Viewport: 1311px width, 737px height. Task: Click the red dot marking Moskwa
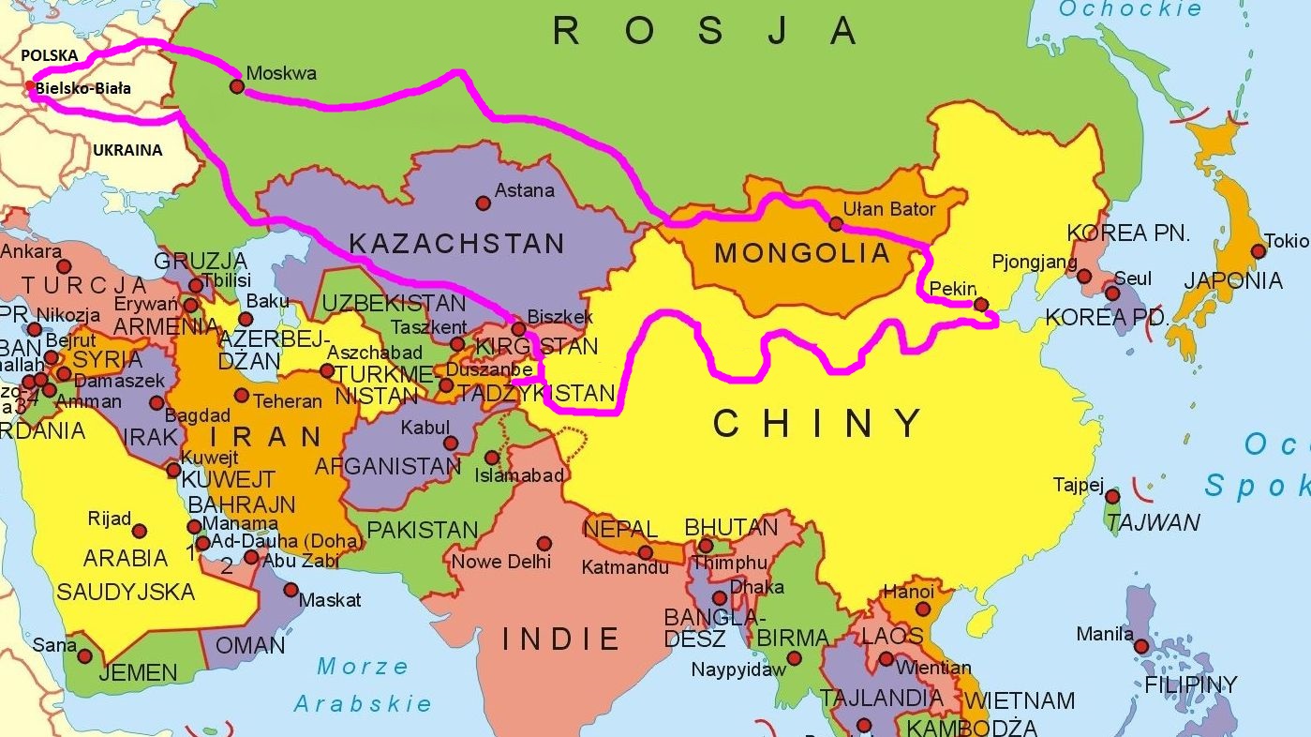[x=237, y=86]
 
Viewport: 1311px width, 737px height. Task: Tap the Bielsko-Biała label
[x=82, y=88]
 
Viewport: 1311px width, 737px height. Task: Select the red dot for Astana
[x=483, y=203]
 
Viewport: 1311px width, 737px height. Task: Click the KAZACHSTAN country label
[x=456, y=244]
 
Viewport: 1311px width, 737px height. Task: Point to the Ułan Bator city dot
[x=836, y=224]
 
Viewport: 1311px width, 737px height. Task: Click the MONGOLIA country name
[x=801, y=252]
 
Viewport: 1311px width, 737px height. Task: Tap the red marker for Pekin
[x=980, y=305]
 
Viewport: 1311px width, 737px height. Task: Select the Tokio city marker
[x=1258, y=251]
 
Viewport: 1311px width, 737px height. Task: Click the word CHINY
[x=818, y=424]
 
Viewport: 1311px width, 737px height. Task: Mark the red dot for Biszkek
[x=518, y=329]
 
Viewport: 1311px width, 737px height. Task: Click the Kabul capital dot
[x=451, y=444]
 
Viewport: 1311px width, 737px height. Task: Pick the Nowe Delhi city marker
[x=544, y=543]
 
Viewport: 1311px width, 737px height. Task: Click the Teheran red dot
[x=242, y=396]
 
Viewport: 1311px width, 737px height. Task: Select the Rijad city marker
[x=140, y=531]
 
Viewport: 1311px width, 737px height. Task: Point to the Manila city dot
[x=1140, y=646]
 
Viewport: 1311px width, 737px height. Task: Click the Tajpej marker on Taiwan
[x=1112, y=496]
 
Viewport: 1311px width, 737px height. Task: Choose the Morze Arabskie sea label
[x=363, y=684]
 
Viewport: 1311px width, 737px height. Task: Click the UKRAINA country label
[x=127, y=150]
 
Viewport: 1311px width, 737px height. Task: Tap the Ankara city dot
[x=64, y=266]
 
